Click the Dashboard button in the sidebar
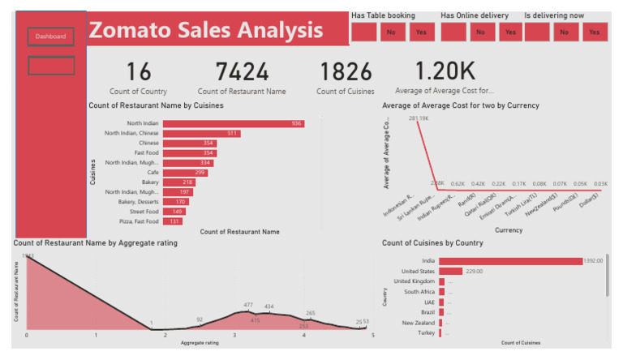pyautogui.click(x=50, y=36)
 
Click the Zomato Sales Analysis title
pyautogui.click(x=206, y=31)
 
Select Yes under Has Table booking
pyautogui.click(x=420, y=32)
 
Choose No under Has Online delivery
pyautogui.click(x=481, y=32)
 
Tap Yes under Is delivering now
pyautogui.click(x=594, y=32)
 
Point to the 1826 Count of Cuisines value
pyautogui.click(x=346, y=72)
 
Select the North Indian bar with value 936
pyautogui.click(x=234, y=123)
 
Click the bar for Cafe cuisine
pyautogui.click(x=186, y=173)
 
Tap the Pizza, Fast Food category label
pyautogui.click(x=137, y=221)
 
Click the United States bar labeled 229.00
pyautogui.click(x=450, y=271)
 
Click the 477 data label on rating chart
pyautogui.click(x=248, y=305)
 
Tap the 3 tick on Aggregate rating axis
pyautogui.click(x=234, y=334)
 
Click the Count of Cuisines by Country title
pyautogui.click(x=432, y=242)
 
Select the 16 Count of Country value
pyautogui.click(x=139, y=72)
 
